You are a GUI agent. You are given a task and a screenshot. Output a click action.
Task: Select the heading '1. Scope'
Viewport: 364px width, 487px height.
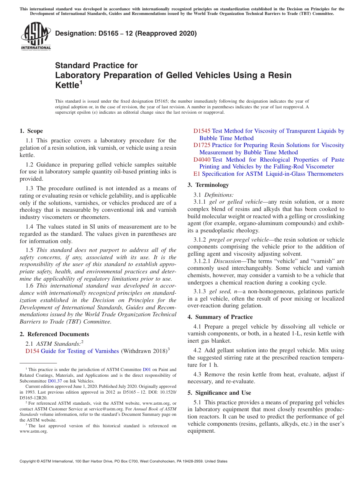coord(31,131)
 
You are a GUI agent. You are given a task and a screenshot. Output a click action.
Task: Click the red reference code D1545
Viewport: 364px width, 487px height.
coord(202,131)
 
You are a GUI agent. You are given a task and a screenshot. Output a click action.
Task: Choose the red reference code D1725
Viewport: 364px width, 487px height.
coord(202,145)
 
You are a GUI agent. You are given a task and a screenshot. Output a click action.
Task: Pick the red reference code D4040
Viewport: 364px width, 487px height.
coord(202,159)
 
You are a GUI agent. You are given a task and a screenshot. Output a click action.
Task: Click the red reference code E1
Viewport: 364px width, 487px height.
coord(197,174)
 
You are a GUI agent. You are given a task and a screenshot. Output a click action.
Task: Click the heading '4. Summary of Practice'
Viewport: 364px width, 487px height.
coord(220,317)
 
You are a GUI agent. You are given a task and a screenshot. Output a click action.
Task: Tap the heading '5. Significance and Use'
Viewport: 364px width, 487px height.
coord(219,393)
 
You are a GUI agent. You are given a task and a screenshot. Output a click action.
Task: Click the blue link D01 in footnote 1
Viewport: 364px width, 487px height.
coord(146,369)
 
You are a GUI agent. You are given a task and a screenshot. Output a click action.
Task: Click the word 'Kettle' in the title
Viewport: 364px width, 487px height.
coord(67,85)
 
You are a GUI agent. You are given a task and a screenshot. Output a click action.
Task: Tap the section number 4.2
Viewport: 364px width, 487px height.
coord(198,350)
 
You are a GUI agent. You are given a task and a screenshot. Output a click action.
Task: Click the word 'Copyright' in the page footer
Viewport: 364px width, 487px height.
coord(28,461)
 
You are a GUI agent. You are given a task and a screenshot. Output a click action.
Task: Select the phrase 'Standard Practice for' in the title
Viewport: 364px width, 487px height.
coord(96,65)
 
